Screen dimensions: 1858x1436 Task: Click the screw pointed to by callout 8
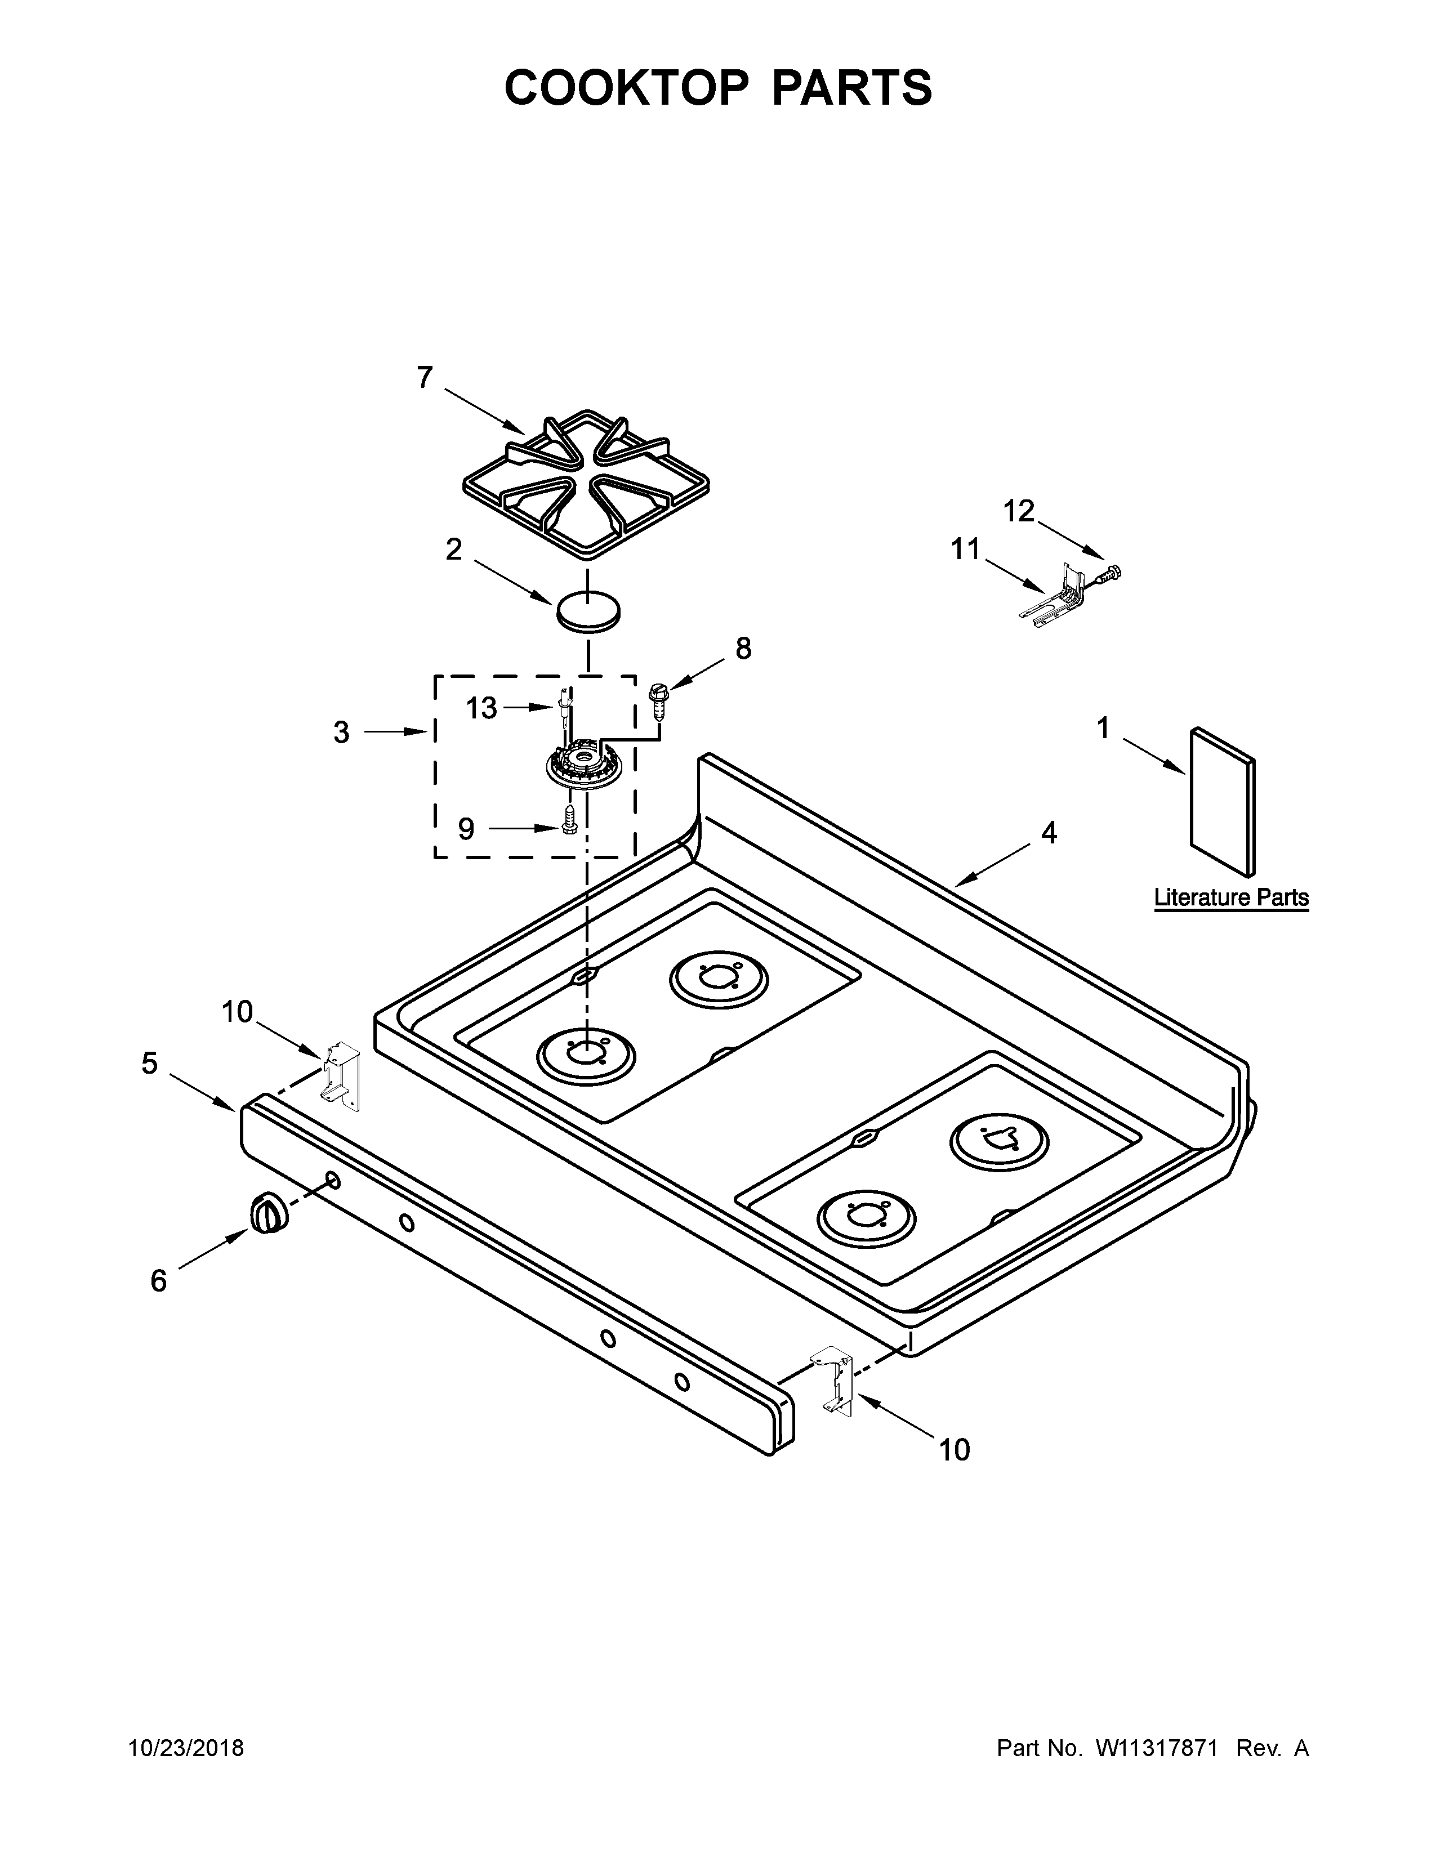(657, 703)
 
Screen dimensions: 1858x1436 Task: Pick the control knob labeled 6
(268, 1213)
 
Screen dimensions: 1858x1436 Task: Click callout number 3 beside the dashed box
(341, 733)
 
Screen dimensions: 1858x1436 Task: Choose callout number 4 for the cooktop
(1049, 833)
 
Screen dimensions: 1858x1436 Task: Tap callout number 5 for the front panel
(150, 1064)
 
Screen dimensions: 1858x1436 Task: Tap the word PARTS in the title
(851, 88)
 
